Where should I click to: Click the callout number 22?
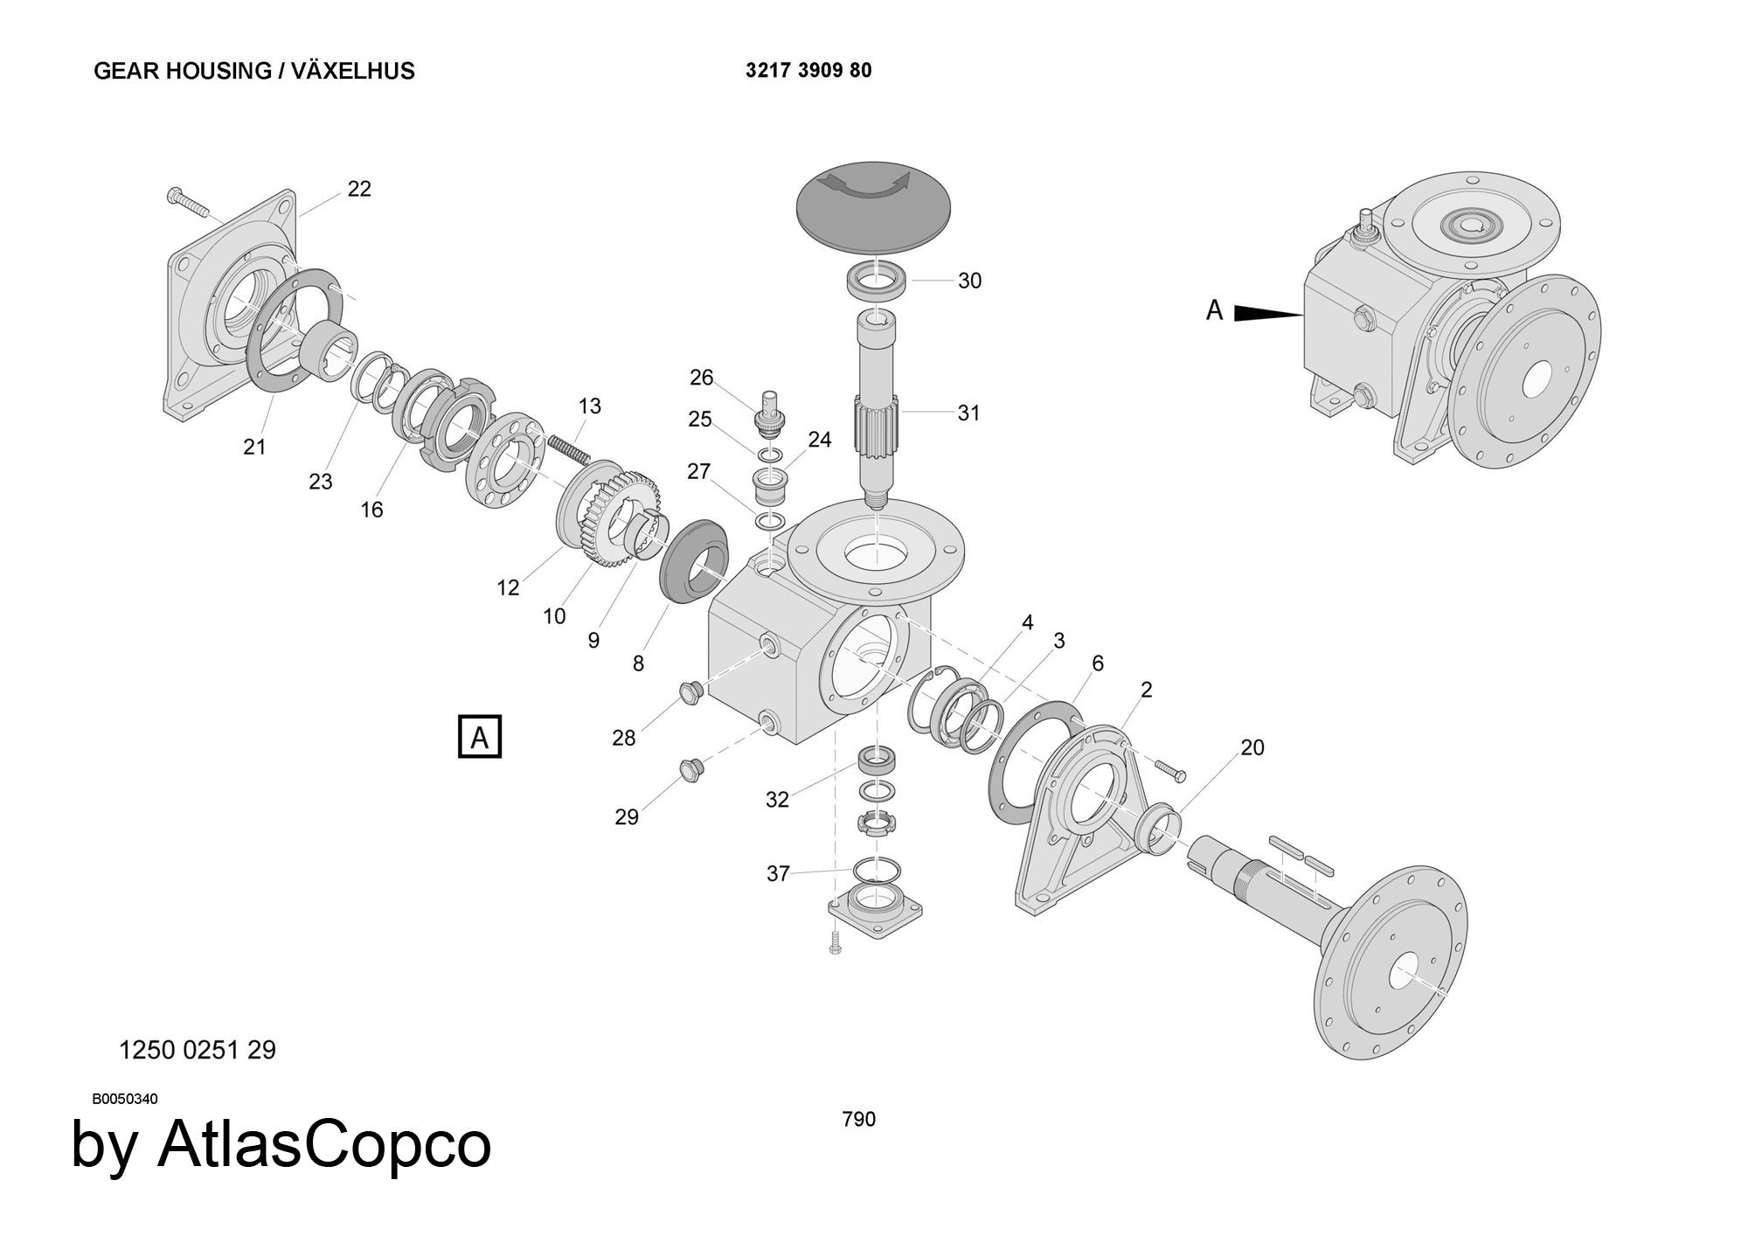[x=359, y=189]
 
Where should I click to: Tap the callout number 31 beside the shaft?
[x=968, y=413]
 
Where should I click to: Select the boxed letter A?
[x=480, y=737]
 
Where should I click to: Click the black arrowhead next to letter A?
[x=1267, y=313]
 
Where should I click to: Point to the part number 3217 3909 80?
[x=808, y=71]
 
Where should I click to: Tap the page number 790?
[x=858, y=1119]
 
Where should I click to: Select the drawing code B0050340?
[x=125, y=1099]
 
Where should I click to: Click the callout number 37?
[x=778, y=873]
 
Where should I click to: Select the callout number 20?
[x=1252, y=747]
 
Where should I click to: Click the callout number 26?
[x=702, y=378]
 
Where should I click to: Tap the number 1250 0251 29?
[x=197, y=1050]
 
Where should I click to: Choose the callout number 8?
[x=638, y=663]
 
